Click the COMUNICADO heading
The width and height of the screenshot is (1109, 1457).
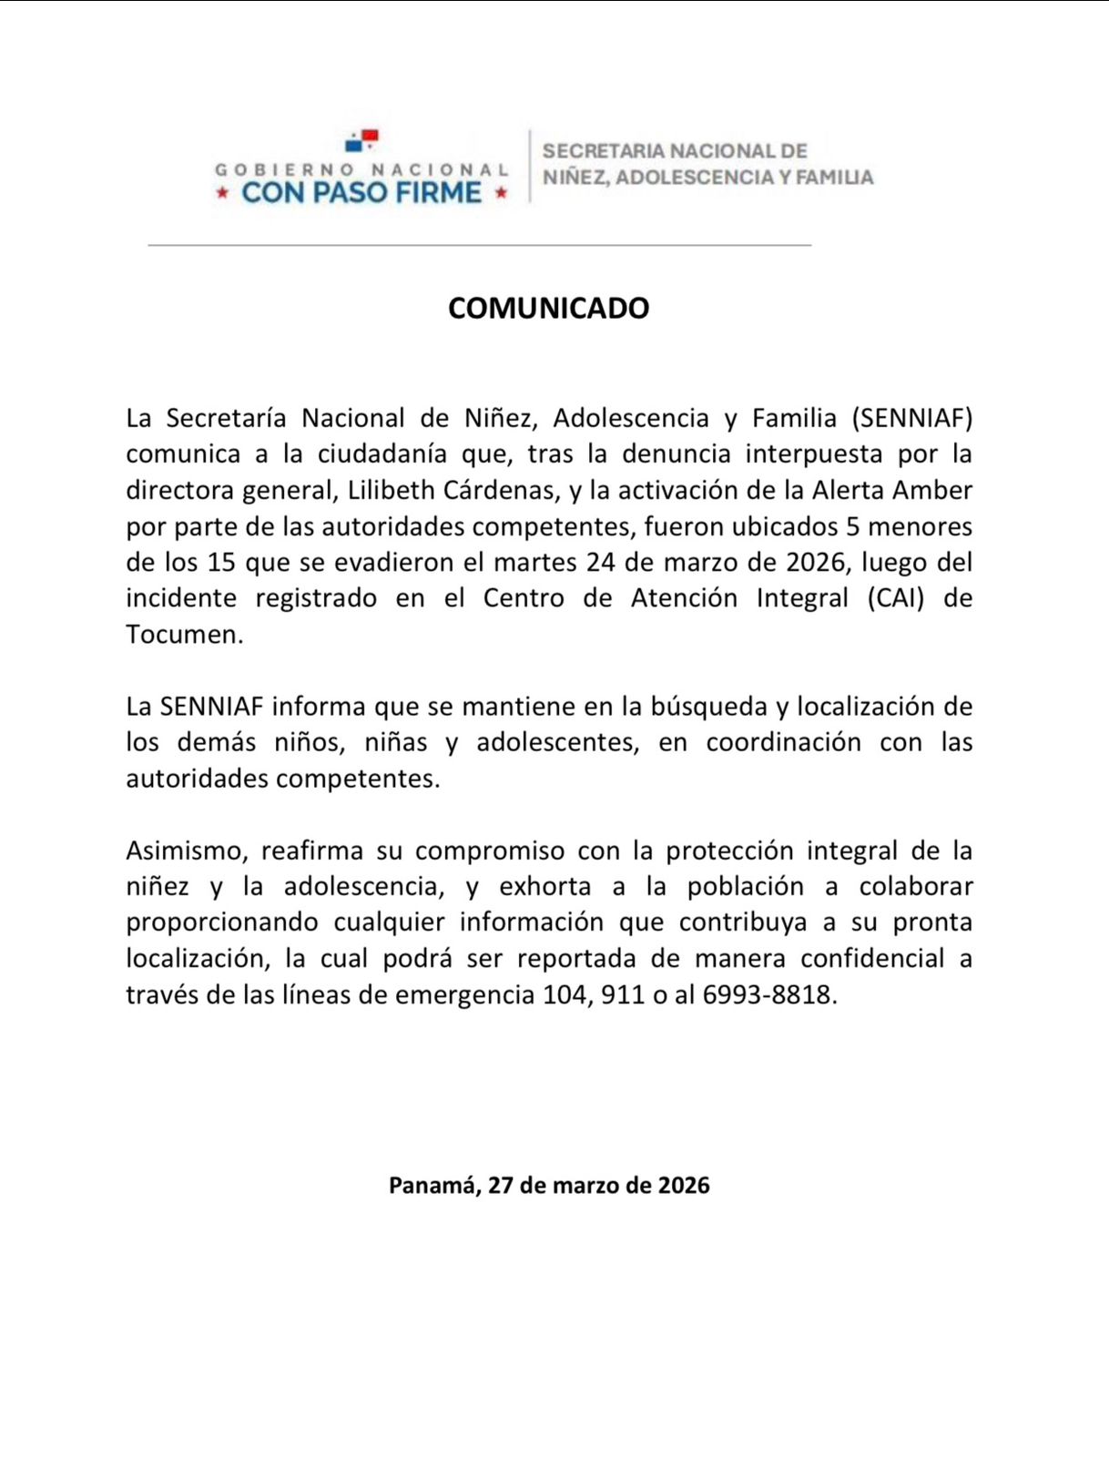[548, 308]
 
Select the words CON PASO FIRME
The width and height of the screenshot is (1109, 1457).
[361, 192]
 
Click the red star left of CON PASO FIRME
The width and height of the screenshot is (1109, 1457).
[221, 193]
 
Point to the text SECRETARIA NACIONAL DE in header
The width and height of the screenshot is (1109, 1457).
[675, 151]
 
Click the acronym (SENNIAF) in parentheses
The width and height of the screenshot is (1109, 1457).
[912, 418]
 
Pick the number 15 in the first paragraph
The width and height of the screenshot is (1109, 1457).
[221, 562]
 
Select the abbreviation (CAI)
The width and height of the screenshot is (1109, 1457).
[895, 598]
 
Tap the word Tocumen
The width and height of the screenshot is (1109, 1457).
[183, 635]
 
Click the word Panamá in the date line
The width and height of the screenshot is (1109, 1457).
[432, 1185]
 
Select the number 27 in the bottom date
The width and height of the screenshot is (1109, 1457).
[501, 1185]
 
